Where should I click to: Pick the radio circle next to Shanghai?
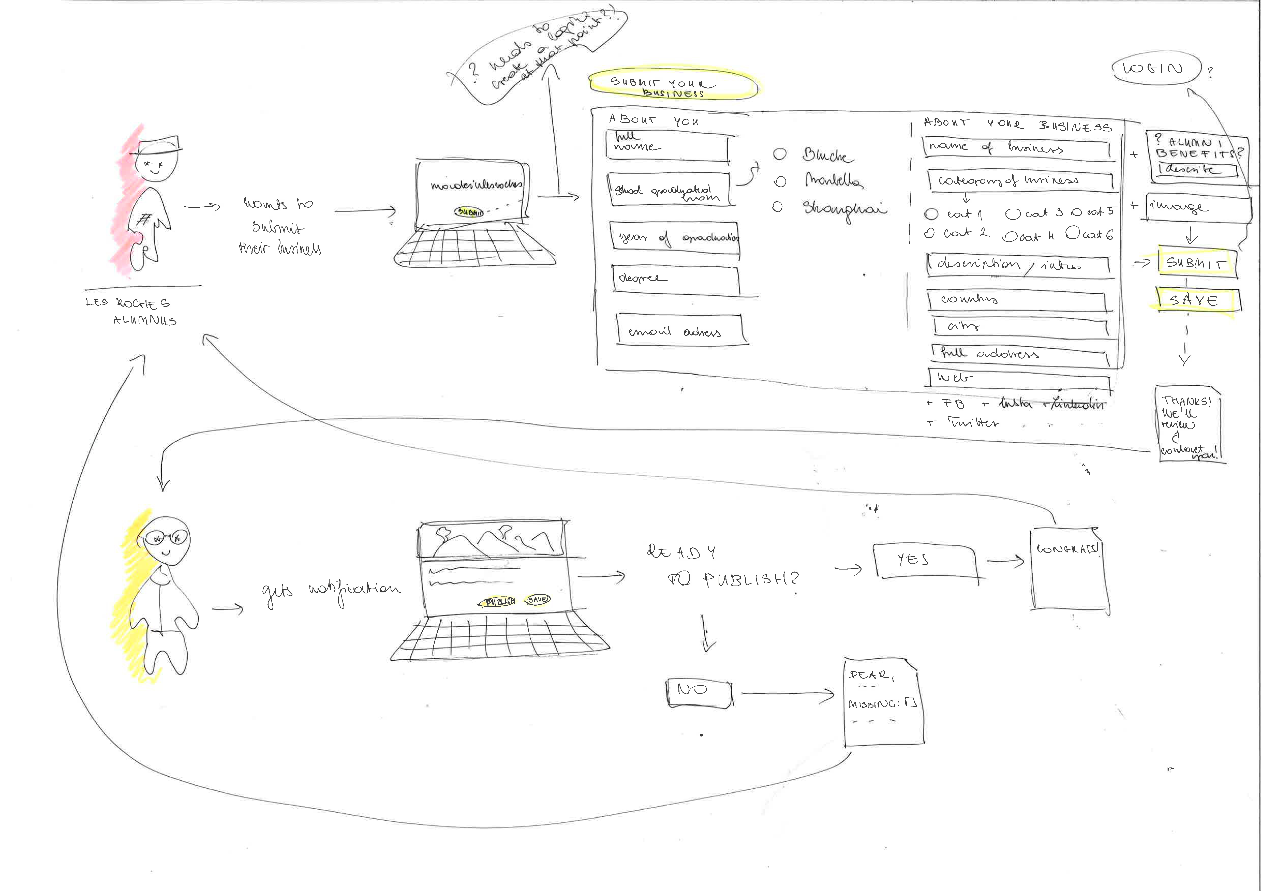[x=777, y=207]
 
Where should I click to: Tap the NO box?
[x=699, y=692]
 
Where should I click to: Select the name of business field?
[x=1016, y=148]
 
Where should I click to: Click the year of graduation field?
[x=676, y=238]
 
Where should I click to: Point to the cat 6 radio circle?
[x=1073, y=233]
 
